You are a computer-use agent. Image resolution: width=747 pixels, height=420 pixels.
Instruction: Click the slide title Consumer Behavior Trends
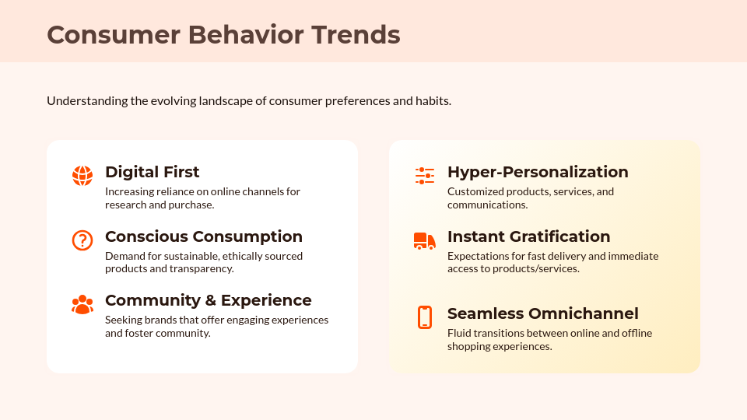coord(223,35)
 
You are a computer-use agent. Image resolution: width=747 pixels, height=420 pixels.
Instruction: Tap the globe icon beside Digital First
coord(82,176)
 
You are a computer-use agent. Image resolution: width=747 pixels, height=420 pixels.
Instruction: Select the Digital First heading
coord(152,172)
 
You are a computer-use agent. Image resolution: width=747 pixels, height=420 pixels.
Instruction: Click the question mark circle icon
coord(82,240)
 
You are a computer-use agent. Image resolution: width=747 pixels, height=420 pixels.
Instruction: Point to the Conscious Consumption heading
coord(203,236)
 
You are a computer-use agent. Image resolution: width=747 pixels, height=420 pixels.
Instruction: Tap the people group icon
coord(82,305)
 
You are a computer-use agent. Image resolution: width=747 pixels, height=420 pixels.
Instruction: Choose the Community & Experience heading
coord(208,300)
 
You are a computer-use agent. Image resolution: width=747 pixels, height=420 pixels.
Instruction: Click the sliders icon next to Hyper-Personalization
coord(425,176)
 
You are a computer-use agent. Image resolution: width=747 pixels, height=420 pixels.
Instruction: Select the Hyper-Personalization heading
coord(537,172)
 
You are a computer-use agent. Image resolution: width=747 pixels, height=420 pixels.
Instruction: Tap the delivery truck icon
coord(425,240)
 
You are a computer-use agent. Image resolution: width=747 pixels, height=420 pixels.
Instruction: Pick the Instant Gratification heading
coord(528,236)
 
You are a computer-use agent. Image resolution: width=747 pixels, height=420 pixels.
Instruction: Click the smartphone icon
coord(425,317)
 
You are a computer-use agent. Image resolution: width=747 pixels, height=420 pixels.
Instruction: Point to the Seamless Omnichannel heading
coord(542,313)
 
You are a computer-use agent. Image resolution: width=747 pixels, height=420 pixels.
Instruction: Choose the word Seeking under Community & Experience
coord(123,320)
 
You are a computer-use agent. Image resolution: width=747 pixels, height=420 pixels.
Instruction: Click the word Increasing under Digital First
coord(129,191)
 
